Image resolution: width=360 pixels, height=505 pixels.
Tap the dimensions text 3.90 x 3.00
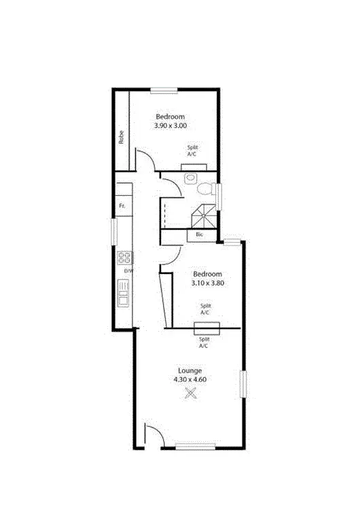click(x=170, y=126)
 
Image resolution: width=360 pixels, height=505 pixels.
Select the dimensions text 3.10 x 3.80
click(x=209, y=283)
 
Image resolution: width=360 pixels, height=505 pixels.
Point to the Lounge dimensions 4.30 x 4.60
click(x=190, y=380)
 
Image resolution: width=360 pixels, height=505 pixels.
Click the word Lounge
click(x=190, y=370)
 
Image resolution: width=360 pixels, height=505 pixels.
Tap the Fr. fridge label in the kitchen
click(x=122, y=205)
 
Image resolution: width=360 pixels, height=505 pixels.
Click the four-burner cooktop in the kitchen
click(x=124, y=258)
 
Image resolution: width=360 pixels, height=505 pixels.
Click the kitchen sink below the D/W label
click(x=124, y=294)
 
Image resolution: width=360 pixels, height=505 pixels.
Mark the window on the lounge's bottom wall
click(x=195, y=446)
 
